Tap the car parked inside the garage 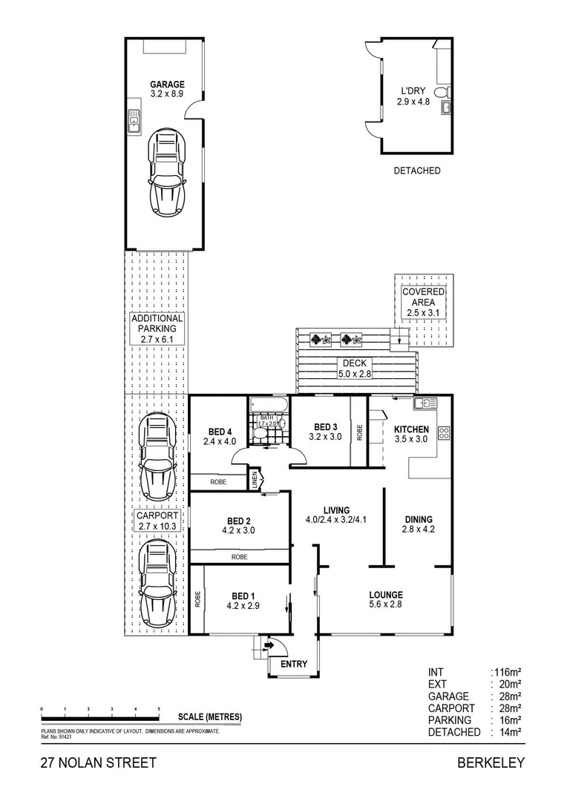[167, 172]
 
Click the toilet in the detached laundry [442, 92]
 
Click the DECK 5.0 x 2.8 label [355, 369]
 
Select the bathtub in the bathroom [268, 405]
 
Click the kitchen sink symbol [425, 403]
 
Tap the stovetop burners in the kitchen [444, 433]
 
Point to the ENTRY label [292, 665]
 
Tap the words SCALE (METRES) [210, 716]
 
